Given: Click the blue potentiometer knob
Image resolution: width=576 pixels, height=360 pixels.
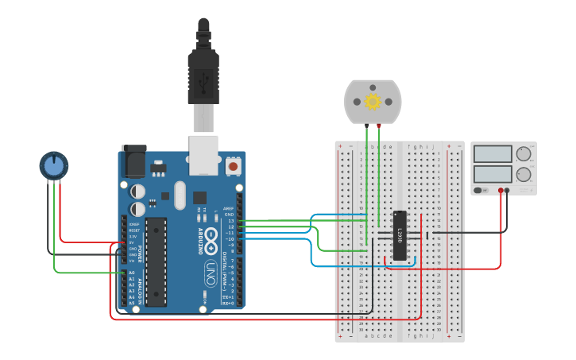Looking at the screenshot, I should pos(54,166).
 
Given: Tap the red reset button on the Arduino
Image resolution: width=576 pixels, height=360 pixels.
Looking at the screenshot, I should pos(233,167).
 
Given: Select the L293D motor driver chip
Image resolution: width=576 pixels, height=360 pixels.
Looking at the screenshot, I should pos(400,235).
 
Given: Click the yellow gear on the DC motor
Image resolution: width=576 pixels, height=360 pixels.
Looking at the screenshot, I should pos(373,101).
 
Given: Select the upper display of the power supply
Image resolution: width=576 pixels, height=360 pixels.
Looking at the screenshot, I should pos(493,154).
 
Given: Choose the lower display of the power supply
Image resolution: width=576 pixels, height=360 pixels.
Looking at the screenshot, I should pos(493,174).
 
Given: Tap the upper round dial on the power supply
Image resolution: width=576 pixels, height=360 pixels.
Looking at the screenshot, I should pos(524,154).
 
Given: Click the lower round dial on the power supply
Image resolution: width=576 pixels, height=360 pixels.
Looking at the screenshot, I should pos(524,174).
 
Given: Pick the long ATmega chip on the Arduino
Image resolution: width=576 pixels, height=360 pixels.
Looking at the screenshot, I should pos(156,261).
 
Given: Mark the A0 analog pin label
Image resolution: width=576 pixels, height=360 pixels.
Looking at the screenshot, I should pos(131,273).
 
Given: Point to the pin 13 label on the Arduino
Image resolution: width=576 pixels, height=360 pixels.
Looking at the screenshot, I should pos(230,220).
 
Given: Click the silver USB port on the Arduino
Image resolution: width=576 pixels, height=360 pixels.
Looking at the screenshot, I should pos(203,154).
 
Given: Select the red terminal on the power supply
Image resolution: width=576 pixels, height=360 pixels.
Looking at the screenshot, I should pos(500,191).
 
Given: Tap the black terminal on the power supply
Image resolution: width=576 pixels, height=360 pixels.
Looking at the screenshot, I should pos(508,191).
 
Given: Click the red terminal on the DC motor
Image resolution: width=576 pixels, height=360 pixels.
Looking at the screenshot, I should pos(379,125).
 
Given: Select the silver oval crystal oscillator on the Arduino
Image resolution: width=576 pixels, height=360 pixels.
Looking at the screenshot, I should pos(179,195).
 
